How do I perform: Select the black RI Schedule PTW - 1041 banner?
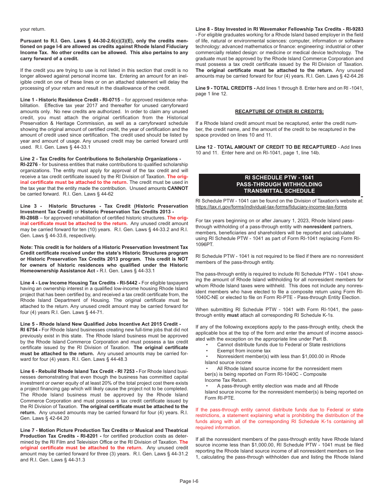tap(279, 185)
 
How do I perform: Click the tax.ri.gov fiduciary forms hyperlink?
tap(271, 207)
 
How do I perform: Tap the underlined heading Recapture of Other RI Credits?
tap(279, 112)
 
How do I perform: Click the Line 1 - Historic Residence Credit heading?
tap(70, 99)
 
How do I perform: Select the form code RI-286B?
tap(29, 217)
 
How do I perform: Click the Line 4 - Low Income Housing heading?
tap(80, 283)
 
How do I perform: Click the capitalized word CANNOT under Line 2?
tap(178, 188)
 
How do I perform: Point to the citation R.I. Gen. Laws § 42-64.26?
tap(331, 76)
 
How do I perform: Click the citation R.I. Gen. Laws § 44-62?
tap(90, 194)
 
